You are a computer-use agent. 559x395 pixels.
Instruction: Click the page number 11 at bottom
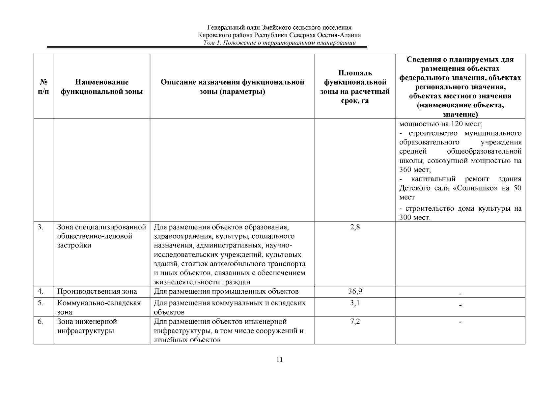279,359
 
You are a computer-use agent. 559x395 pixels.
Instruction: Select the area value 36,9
355,291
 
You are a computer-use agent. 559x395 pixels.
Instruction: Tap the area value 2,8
355,227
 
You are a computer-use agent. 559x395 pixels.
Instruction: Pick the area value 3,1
355,303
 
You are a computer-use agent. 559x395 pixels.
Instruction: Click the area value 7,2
355,321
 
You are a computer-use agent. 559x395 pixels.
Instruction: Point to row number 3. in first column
41,227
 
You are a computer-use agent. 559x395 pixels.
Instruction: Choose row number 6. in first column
41,321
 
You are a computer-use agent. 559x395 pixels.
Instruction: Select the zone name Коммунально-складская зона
98,307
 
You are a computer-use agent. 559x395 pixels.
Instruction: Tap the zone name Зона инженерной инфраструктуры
87,326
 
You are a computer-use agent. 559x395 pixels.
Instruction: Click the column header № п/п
43,87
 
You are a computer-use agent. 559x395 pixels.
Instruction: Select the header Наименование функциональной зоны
101,87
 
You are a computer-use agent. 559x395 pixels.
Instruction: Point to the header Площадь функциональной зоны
355,87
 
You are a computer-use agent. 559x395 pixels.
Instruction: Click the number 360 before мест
405,170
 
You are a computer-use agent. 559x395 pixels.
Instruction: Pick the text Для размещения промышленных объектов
226,291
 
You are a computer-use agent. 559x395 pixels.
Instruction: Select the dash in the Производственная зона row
460,293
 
